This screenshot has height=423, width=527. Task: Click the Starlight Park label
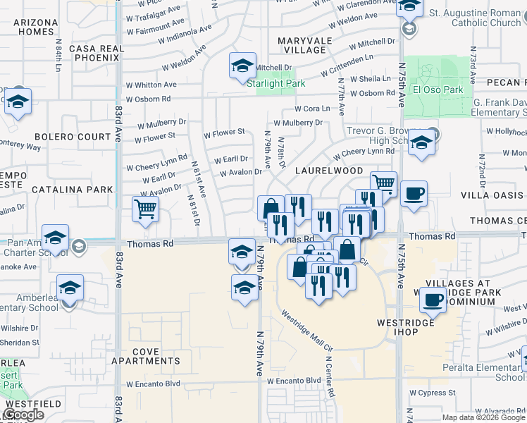pos(275,83)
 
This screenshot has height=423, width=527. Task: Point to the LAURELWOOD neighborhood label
pos(329,171)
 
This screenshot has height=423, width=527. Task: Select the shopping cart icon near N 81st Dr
pos(145,208)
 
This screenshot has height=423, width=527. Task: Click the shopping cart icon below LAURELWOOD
pos(383,183)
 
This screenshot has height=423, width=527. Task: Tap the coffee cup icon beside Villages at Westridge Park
pos(433,301)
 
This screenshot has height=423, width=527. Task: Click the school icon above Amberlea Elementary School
pos(70,288)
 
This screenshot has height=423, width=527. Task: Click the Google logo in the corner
pos(23,415)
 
